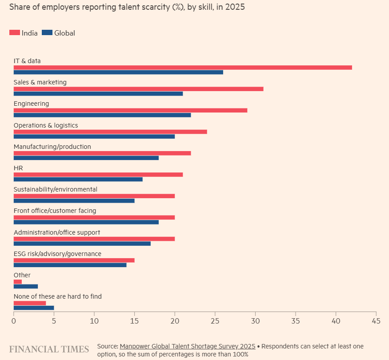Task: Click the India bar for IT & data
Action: (183, 68)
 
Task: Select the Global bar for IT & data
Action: (118, 72)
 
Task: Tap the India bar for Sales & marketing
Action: (138, 89)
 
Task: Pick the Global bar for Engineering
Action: (102, 115)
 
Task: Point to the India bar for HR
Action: (98, 175)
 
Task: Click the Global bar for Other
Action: (26, 286)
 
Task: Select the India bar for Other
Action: (18, 282)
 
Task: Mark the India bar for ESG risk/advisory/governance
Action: (74, 260)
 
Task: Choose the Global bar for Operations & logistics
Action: (94, 136)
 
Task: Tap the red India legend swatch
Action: (15, 32)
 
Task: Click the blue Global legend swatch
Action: (47, 32)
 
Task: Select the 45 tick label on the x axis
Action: (376, 320)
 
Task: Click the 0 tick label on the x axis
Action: (14, 320)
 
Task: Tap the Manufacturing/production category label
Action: (52, 147)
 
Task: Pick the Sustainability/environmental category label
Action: (56, 189)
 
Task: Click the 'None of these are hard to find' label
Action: (58, 296)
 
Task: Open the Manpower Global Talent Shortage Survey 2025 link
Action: (187, 346)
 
